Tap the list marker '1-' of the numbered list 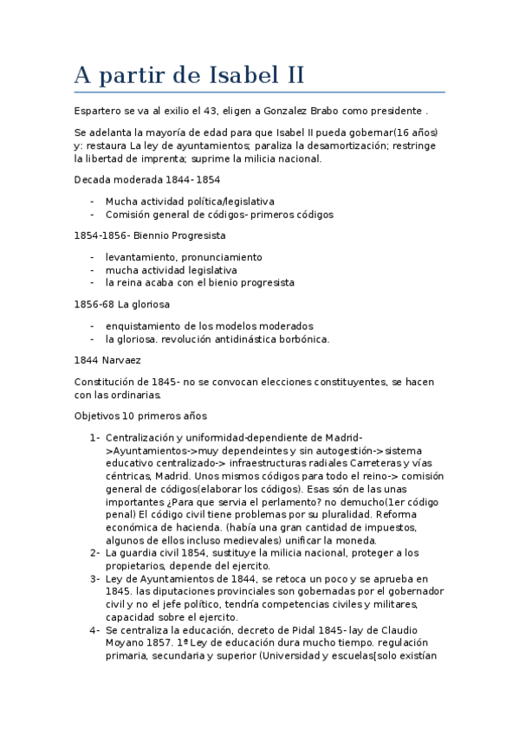[94, 437]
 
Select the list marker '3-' [94, 578]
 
